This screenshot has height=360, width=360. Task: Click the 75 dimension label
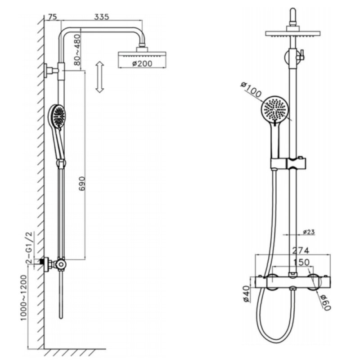click(52, 17)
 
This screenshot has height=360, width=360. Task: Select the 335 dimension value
click(103, 17)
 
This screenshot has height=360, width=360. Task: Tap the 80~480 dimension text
click(77, 50)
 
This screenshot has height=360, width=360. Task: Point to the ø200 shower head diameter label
click(142, 63)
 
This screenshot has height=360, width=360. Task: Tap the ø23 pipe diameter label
click(308, 232)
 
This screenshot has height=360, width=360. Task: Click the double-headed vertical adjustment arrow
click(100, 77)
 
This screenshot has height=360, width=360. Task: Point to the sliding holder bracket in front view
click(288, 163)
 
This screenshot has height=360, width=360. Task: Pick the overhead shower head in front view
click(292, 35)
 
